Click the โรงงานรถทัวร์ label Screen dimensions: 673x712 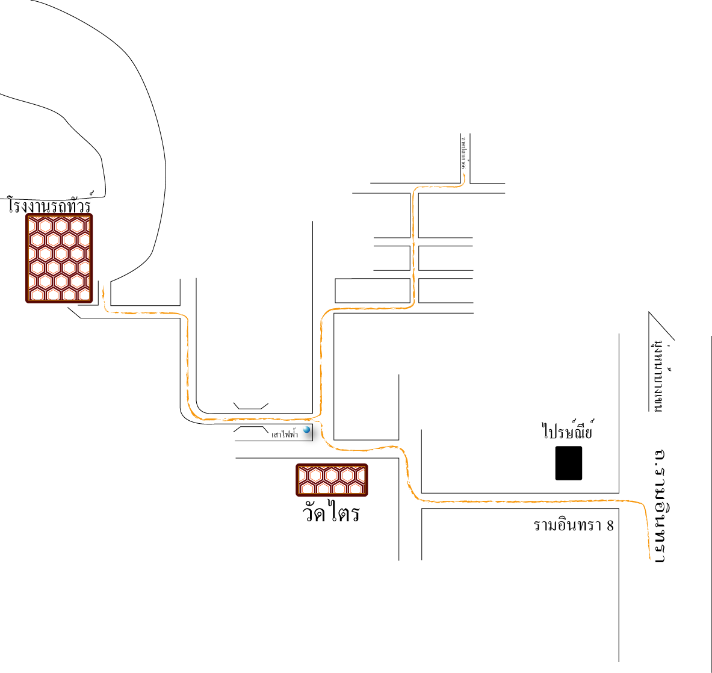50,205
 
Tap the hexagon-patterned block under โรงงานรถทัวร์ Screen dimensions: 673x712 59,258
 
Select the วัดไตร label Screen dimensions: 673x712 332,513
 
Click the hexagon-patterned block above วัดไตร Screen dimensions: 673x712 332,480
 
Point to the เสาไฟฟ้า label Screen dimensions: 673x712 285,434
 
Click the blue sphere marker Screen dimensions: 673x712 307,430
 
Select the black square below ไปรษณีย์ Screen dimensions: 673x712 569,463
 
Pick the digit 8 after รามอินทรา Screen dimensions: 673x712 610,525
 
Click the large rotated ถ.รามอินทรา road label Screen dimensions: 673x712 659,506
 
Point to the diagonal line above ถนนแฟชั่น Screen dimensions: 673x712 662,326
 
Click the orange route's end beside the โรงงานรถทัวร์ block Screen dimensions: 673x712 104,287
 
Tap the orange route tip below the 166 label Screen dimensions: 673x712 465,175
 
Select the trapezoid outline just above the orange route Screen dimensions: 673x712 251,406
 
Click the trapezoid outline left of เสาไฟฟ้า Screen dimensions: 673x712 251,429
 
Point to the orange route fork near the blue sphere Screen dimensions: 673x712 319,419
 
